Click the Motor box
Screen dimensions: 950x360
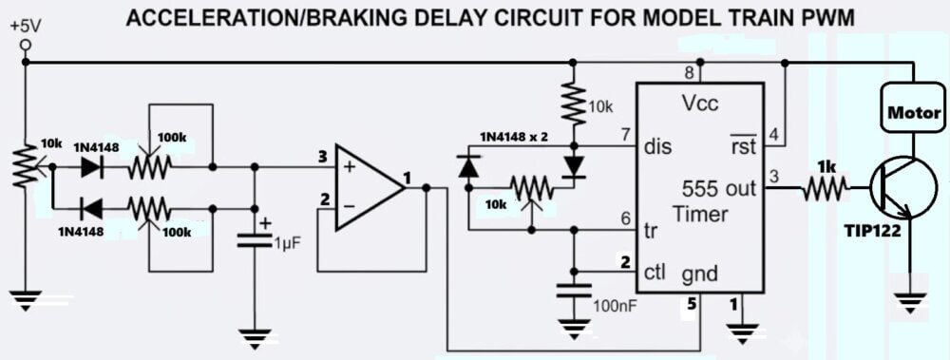[914, 113]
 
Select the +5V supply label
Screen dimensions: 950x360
[25, 28]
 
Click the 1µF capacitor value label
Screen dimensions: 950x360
[286, 245]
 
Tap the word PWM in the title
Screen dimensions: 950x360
[826, 18]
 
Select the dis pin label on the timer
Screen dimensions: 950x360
[658, 146]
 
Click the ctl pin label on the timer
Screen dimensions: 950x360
[655, 273]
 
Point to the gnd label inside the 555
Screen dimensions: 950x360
[700, 275]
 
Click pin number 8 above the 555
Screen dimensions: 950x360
[689, 74]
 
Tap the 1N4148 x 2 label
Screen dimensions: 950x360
[514, 137]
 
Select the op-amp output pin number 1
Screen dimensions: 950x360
[408, 178]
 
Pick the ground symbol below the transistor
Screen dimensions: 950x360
[909, 301]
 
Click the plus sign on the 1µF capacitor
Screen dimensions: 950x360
[265, 223]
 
